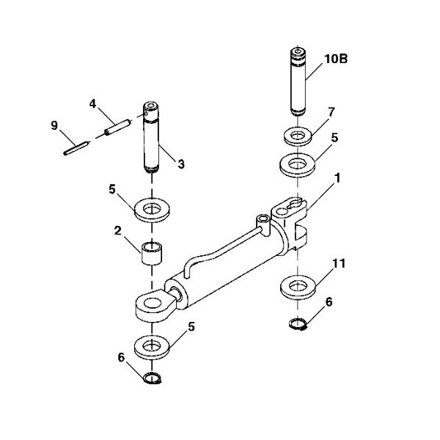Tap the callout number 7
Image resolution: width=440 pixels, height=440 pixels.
point(331,112)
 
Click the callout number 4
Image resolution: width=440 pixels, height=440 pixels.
point(93,103)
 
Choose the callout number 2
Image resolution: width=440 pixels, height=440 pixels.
point(117,230)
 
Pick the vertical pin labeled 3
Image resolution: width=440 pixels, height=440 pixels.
point(151,139)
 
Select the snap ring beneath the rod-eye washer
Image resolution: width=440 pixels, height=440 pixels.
point(153,378)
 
